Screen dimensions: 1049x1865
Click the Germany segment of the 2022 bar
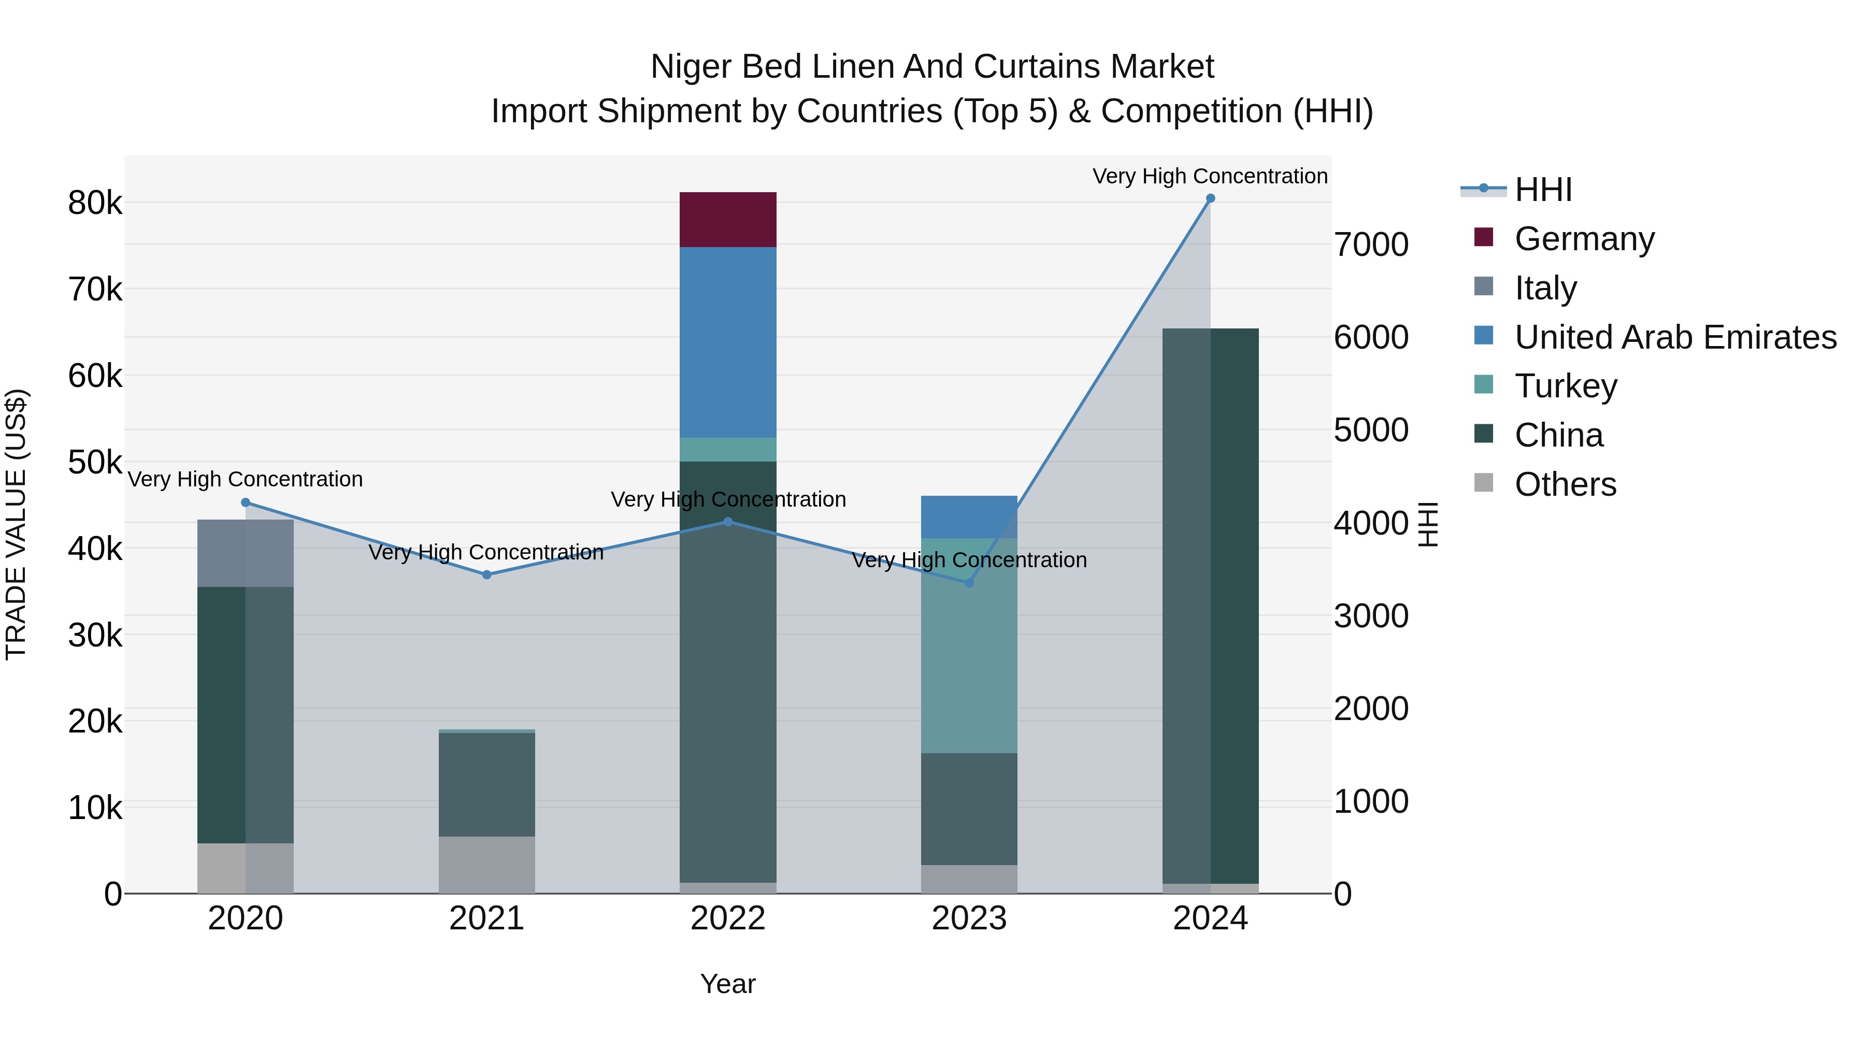tap(728, 219)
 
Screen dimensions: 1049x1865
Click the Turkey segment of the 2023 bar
tap(969, 645)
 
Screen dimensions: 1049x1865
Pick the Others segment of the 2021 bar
tap(486, 865)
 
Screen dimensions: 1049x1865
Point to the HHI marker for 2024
tap(1210, 198)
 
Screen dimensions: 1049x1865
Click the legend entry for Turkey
tap(1565, 386)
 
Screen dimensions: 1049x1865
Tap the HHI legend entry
tap(1543, 190)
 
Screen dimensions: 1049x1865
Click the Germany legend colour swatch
tap(1484, 237)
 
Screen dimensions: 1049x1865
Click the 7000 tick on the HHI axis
tap(1370, 245)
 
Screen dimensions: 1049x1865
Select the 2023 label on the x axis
tap(969, 918)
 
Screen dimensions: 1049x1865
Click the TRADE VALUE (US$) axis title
tap(16, 524)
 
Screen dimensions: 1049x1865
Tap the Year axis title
tap(728, 984)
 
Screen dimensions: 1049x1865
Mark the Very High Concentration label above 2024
tap(1209, 176)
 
